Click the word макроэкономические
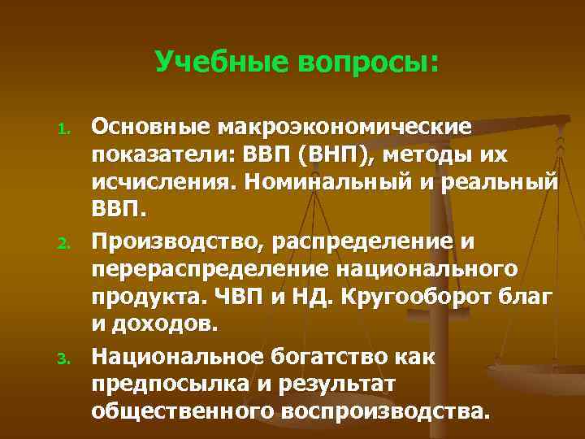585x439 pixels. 341,127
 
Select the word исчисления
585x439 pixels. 159,185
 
